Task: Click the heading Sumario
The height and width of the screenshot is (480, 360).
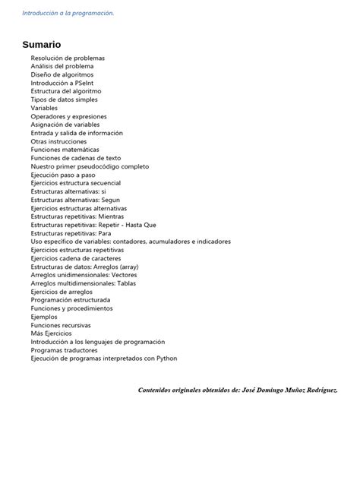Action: coord(41,45)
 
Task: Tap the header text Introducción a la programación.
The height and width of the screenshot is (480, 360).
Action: coord(68,13)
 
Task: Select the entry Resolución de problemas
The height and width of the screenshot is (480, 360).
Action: coord(68,58)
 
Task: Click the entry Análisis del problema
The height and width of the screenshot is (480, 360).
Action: coord(62,67)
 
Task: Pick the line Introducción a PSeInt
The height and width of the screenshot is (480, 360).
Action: coord(64,84)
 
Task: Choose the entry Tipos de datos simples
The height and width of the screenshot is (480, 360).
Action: coord(64,99)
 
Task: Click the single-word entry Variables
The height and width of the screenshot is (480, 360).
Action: coord(44,108)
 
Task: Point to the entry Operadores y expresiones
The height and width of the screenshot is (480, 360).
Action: coord(68,116)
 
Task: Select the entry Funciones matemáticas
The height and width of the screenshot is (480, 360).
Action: coord(66,150)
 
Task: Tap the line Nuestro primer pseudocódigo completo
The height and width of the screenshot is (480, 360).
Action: coord(90,166)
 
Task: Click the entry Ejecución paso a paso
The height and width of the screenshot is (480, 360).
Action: coord(63,175)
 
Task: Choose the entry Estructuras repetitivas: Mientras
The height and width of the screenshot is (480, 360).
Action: coord(77,216)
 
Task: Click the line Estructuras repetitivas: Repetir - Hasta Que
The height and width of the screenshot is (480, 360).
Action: coord(93,225)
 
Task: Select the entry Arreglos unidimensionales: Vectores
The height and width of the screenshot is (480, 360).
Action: coord(84,275)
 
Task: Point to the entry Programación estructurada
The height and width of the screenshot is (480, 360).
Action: coord(70,300)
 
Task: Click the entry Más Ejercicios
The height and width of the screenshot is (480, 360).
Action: coord(52,333)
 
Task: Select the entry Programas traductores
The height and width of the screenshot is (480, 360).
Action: coord(64,350)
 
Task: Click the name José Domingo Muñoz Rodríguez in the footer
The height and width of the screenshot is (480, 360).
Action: coord(289,390)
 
